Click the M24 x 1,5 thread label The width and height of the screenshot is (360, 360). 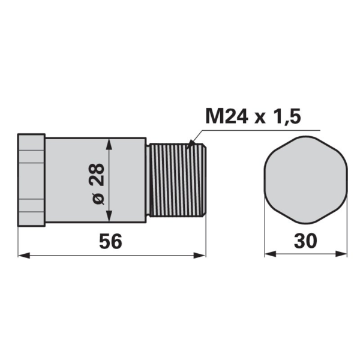click(x=253, y=116)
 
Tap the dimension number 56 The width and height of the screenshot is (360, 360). click(x=110, y=242)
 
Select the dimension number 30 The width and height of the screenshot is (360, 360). click(x=305, y=241)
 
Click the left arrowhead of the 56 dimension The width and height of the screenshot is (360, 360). click(x=24, y=255)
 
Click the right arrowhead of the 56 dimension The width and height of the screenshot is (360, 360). click(x=200, y=255)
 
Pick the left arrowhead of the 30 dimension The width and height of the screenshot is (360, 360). click(x=271, y=254)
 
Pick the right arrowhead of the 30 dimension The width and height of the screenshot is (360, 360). click(x=341, y=254)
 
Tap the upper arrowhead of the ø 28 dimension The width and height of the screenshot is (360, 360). click(x=109, y=144)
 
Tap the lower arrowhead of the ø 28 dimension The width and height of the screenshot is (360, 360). click(x=109, y=216)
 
